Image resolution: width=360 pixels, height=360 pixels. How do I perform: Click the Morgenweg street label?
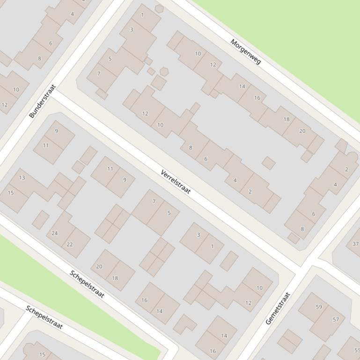tap(246, 51)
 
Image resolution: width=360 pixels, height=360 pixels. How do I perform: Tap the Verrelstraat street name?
tap(176, 182)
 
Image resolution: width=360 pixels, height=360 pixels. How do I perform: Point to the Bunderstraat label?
tap(43, 101)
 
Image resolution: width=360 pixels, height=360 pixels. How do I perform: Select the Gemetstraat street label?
tap(278, 308)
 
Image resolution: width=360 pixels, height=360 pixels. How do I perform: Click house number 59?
tap(319, 307)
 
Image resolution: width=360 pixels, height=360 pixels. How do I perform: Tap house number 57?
tap(336, 320)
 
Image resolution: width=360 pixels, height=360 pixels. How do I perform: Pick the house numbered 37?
tap(356, 244)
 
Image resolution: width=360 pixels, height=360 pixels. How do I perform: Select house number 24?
tap(55, 233)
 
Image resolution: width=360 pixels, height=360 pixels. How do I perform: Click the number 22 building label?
tap(70, 244)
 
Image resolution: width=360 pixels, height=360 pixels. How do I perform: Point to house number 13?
tap(22, 178)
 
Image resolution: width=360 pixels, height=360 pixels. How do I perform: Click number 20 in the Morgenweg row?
tap(302, 131)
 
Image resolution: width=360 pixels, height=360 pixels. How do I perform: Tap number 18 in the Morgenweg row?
tap(287, 119)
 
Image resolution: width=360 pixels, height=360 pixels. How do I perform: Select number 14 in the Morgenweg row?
tap(242, 86)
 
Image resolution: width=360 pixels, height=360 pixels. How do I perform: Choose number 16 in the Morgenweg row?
tap(257, 98)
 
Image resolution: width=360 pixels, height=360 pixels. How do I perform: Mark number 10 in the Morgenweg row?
tap(198, 54)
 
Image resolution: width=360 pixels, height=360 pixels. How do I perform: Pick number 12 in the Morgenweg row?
tap(213, 65)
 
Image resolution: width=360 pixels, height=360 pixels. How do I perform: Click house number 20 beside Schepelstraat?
tap(99, 266)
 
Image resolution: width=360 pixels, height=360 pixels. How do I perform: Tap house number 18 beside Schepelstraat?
tap(115, 278)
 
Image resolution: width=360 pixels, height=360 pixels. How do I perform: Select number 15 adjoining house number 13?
tap(11, 193)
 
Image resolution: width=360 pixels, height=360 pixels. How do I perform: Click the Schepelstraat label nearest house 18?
tap(87, 284)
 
